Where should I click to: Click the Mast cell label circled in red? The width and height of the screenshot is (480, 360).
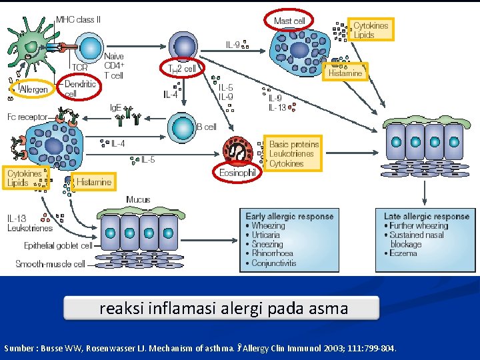(x=289, y=21)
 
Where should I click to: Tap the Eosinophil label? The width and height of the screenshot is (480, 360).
(x=237, y=172)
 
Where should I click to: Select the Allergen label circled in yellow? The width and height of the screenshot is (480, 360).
(x=31, y=89)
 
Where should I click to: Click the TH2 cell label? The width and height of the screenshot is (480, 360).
(x=182, y=69)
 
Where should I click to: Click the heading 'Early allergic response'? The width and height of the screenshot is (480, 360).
(x=289, y=216)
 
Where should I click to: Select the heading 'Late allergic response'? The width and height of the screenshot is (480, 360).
(x=427, y=216)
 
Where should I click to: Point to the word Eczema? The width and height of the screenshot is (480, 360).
(x=404, y=253)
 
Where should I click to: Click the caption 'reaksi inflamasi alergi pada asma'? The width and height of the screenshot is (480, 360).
(x=223, y=309)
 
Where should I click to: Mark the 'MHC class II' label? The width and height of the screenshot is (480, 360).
(x=79, y=20)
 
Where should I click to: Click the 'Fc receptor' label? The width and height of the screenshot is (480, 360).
(x=27, y=117)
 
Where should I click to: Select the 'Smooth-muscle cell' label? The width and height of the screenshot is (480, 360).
(x=50, y=264)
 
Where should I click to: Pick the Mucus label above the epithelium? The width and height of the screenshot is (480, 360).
(x=138, y=199)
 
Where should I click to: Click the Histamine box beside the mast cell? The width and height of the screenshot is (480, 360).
(x=345, y=73)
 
